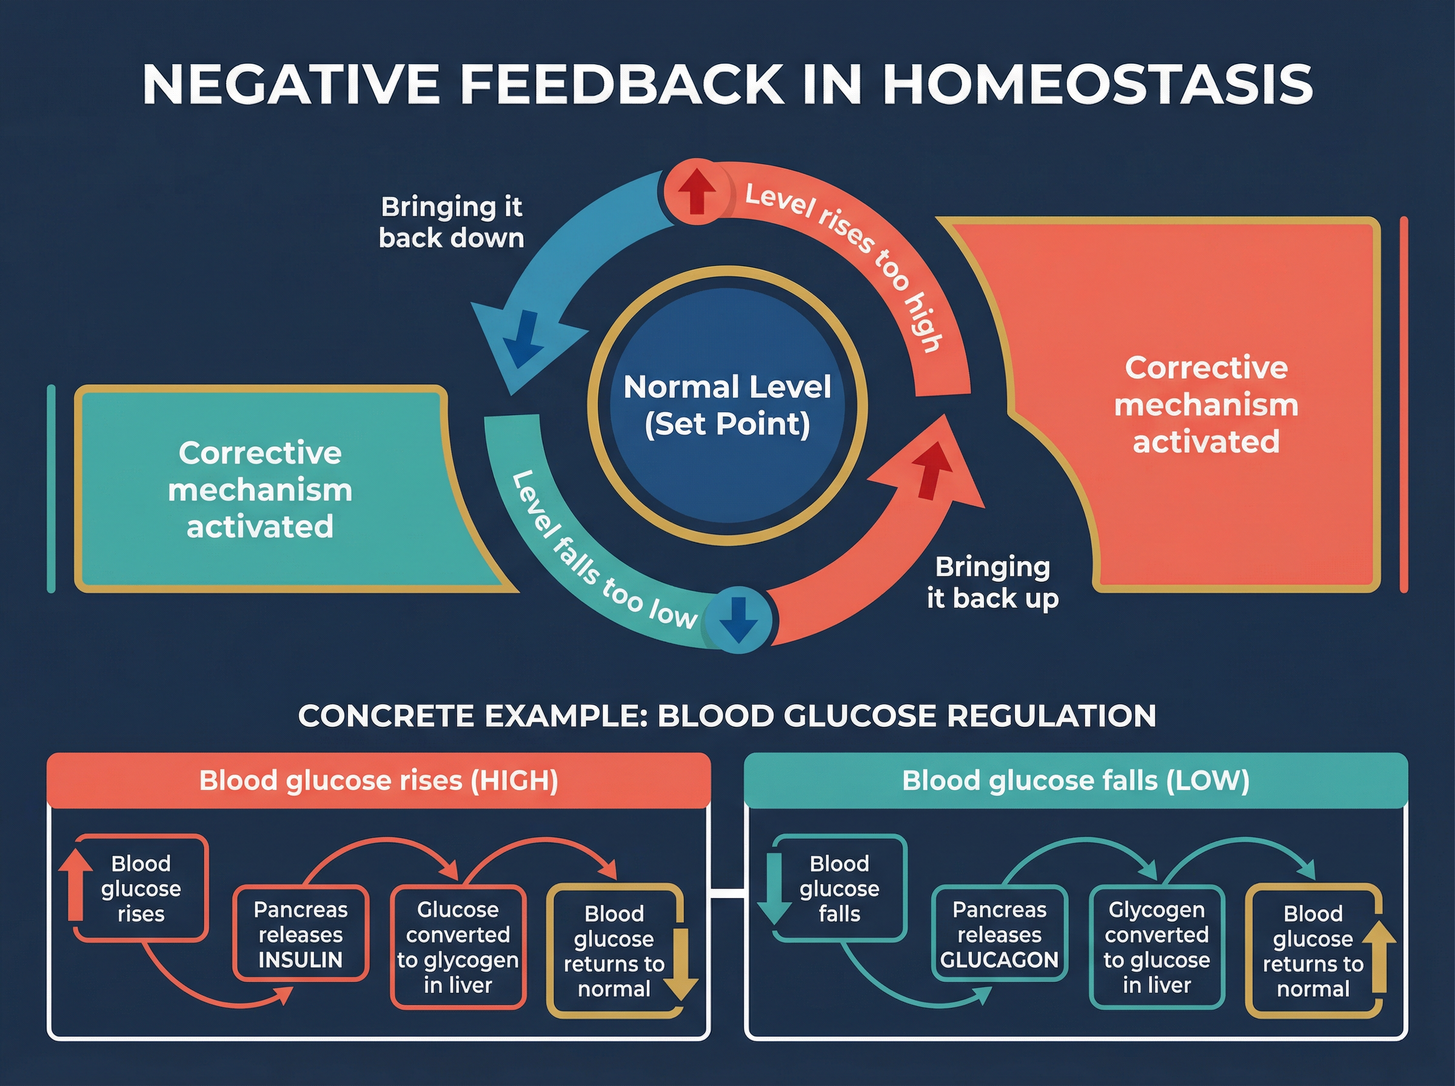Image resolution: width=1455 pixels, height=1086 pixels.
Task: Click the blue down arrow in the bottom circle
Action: [739, 619]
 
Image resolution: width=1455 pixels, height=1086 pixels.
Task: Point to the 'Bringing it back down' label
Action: [452, 222]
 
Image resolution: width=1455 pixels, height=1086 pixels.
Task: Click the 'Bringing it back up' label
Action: [992, 582]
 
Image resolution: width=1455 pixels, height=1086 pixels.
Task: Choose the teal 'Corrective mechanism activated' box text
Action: [259, 490]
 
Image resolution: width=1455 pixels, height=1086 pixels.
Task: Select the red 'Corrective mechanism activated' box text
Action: [1206, 404]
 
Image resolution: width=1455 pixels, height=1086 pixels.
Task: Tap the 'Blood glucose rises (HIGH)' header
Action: [379, 781]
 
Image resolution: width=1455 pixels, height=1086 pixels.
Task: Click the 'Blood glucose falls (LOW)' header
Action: [1075, 781]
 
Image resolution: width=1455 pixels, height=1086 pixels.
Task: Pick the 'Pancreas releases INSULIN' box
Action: [301, 934]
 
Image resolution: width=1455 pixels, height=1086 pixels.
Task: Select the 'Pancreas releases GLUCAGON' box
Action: [998, 934]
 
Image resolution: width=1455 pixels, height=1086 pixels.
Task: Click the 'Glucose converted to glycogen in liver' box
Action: [458, 947]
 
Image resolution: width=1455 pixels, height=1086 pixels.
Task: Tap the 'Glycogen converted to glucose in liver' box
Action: [1157, 947]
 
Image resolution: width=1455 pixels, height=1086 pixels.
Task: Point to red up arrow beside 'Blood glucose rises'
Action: [76, 884]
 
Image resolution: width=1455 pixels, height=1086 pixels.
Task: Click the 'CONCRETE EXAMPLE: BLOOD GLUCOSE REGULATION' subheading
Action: [727, 715]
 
